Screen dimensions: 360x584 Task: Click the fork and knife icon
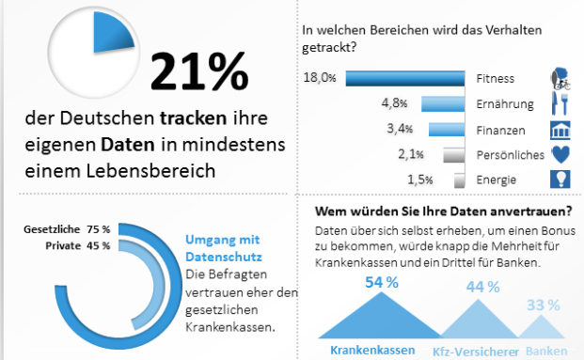pos(560,103)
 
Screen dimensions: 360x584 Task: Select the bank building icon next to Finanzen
pos(560,130)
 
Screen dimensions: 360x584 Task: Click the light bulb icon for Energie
pos(560,180)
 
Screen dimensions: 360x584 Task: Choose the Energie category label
pos(496,180)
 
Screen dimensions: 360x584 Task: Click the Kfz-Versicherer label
pos(468,352)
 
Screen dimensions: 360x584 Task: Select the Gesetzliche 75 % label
pos(68,228)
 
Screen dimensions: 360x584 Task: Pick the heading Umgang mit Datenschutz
pos(225,247)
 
